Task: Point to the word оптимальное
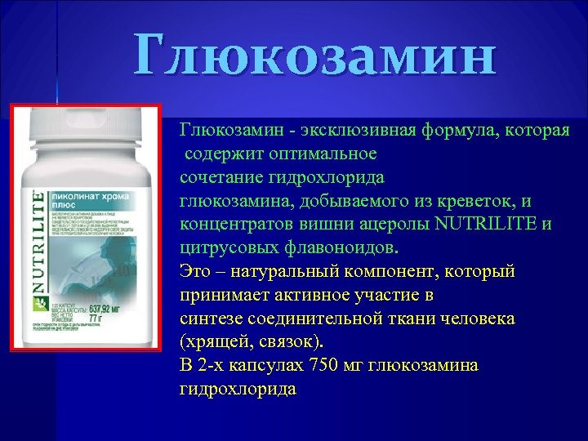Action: tap(304, 153)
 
